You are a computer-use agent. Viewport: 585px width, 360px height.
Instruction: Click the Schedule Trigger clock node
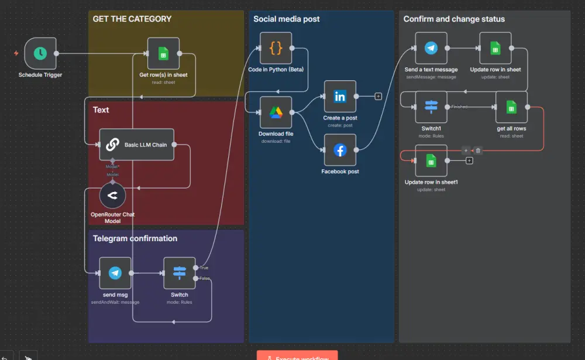point(40,53)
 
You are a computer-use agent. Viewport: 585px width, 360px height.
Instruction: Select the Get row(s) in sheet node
point(163,54)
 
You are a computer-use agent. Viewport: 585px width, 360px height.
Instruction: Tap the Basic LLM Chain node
point(137,145)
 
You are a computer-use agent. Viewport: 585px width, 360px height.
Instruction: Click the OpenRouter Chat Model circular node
point(112,196)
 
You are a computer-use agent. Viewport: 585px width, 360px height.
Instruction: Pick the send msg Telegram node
point(115,273)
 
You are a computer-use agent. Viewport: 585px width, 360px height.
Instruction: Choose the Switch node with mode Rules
point(179,273)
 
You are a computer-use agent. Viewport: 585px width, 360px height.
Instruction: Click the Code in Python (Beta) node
point(276,48)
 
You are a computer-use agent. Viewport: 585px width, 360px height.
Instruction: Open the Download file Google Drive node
point(276,112)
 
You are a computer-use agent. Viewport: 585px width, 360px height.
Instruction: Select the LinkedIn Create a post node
point(340,97)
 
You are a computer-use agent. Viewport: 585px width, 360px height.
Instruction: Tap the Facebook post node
point(340,150)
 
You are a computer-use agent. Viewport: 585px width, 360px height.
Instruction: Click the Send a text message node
point(431,48)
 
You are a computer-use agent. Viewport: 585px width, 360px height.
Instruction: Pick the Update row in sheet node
point(495,48)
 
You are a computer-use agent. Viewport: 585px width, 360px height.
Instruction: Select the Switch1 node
point(431,107)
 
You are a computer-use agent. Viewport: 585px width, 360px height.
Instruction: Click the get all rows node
point(511,107)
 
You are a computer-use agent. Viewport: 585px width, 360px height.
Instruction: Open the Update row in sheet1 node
point(431,160)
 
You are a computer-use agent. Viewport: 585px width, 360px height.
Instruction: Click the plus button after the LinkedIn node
point(378,96)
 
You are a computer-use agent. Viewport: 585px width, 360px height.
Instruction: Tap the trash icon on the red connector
point(478,150)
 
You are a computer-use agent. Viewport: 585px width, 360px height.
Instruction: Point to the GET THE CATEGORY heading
point(132,19)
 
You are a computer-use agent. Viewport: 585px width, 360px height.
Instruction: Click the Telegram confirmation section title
point(135,238)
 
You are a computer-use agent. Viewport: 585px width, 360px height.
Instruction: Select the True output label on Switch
point(204,268)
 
